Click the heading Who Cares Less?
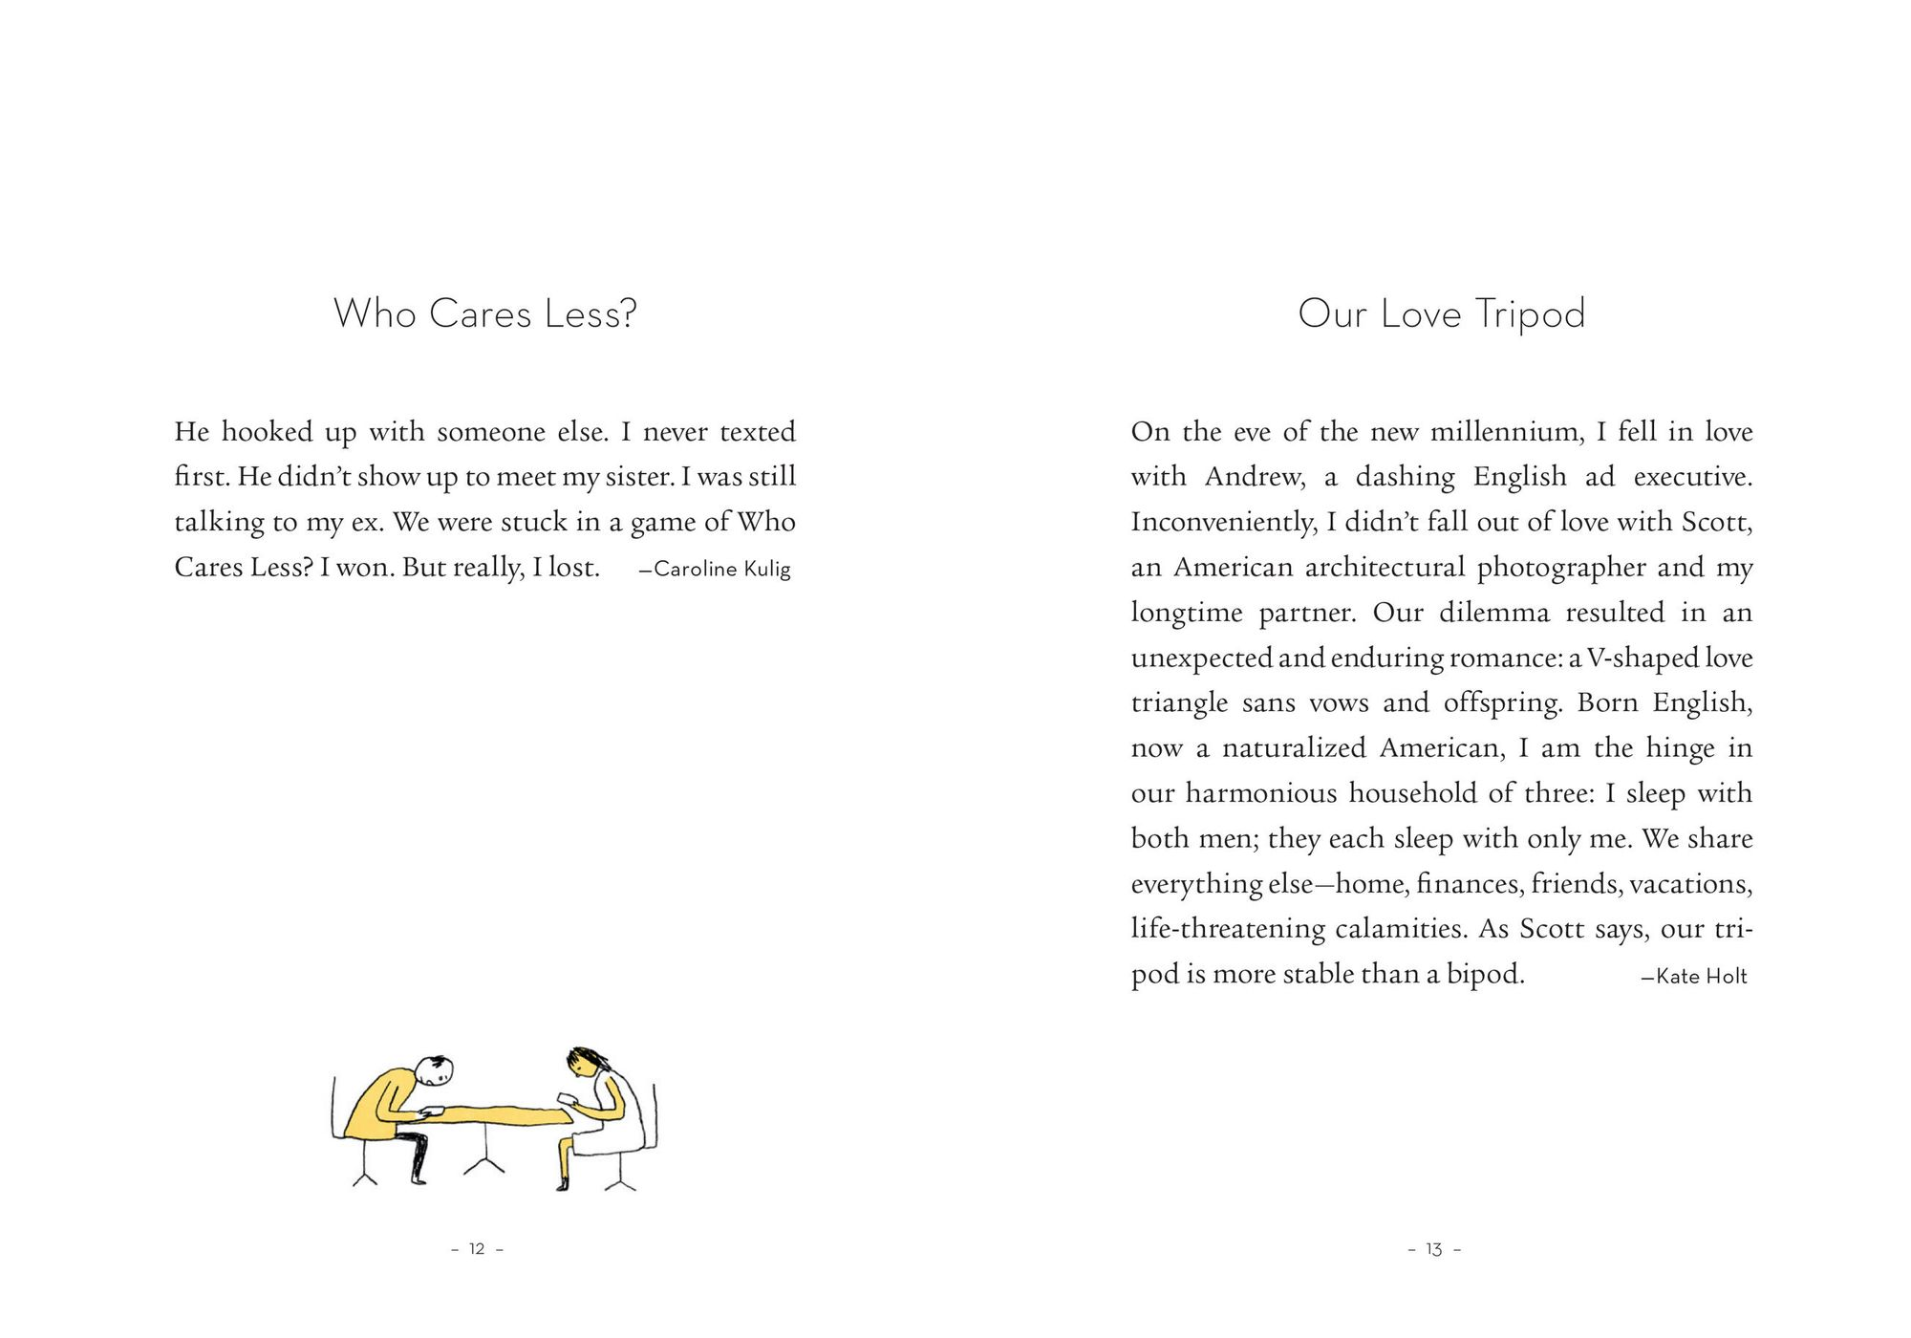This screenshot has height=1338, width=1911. (484, 313)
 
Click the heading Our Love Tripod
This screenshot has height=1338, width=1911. (1441, 313)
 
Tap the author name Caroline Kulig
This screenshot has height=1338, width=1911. (721, 570)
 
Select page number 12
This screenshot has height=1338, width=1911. (477, 1249)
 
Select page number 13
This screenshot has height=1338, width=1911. (1433, 1249)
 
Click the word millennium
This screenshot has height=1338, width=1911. (1506, 432)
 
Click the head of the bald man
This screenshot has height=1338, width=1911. (437, 1069)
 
